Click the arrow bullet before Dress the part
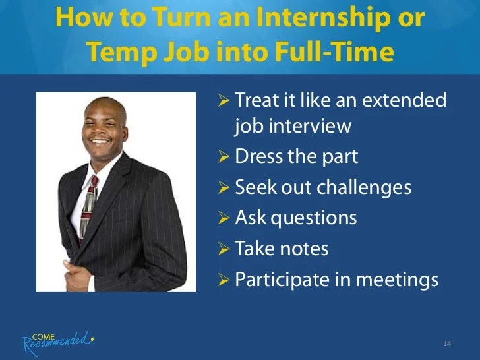coord(224,157)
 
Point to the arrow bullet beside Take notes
coord(224,249)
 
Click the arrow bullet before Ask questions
coord(224,218)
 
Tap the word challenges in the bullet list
coord(364,187)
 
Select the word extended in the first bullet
coord(404,100)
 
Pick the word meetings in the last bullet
coord(398,280)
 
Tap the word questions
coord(314,219)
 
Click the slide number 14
coord(447,344)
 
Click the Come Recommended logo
coord(58,343)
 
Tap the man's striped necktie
coord(88,209)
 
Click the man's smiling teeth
coord(100,141)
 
